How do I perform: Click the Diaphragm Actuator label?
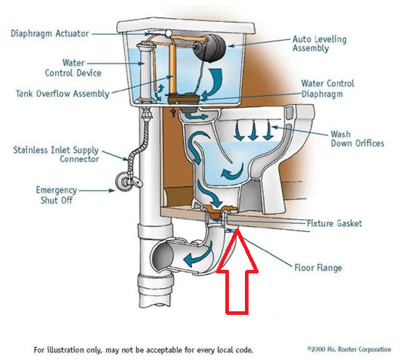50,33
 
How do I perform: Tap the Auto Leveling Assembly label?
320,44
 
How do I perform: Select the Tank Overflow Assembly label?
63,94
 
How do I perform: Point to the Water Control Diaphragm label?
328,89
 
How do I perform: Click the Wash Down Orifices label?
357,139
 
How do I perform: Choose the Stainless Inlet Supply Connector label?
56,154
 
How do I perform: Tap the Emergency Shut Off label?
57,195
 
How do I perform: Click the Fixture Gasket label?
334,223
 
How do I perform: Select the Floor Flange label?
318,268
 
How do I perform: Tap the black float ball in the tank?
210,48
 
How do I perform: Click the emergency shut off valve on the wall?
128,181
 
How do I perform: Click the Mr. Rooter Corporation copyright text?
349,349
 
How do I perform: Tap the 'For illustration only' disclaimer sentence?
143,350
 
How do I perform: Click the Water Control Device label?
73,68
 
